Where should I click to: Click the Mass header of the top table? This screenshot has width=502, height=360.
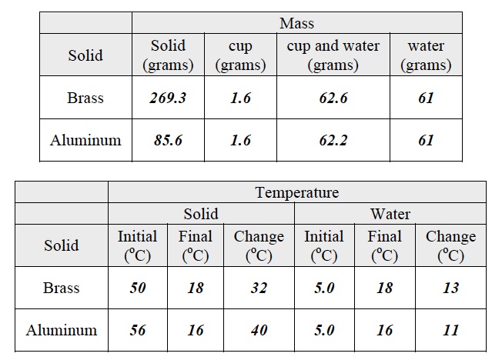click(296, 23)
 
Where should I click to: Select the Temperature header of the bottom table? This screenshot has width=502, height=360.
click(296, 192)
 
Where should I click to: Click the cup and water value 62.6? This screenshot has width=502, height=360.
click(333, 98)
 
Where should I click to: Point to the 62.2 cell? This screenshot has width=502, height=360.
click(333, 140)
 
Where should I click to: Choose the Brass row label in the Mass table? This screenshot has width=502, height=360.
click(85, 98)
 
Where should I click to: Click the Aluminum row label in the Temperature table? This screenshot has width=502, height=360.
click(62, 330)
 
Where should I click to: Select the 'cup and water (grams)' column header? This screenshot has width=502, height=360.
click(333, 55)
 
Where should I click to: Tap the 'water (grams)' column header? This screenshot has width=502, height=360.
click(427, 55)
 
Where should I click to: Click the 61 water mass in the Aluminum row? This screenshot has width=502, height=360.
click(427, 140)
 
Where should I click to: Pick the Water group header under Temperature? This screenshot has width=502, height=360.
click(390, 213)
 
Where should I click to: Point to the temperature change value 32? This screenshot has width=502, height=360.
click(259, 288)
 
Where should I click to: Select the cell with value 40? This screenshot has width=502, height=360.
click(259, 330)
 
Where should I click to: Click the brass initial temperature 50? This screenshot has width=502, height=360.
click(138, 288)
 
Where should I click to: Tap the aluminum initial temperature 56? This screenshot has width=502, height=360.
click(138, 330)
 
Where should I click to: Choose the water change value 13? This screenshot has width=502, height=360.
click(450, 288)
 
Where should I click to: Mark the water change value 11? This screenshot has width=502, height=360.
click(450, 330)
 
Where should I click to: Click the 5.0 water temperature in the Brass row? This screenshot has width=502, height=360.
click(323, 288)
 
